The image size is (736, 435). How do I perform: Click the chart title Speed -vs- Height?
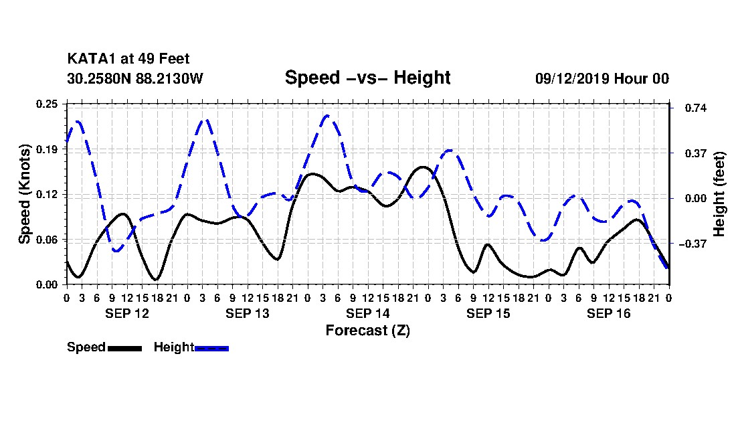[x=367, y=78]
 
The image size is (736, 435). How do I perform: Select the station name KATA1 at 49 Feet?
[x=128, y=59]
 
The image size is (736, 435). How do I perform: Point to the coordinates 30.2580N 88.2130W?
[x=135, y=78]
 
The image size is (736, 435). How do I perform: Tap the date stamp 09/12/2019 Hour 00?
[x=602, y=78]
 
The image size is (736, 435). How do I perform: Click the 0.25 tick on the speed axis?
[x=47, y=104]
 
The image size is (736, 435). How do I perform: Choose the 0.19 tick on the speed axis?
[x=47, y=149]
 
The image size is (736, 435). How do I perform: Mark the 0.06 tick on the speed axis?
[x=47, y=240]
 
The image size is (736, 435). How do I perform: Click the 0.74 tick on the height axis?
[x=696, y=108]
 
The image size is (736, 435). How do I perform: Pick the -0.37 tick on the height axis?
[x=693, y=244]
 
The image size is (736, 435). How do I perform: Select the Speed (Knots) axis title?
[x=24, y=194]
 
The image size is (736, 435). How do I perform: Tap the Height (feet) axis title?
[x=719, y=194]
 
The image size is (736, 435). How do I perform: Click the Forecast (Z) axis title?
[x=367, y=331]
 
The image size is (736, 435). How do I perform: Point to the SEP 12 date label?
[x=126, y=313]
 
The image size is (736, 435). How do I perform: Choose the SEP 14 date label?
[x=367, y=313]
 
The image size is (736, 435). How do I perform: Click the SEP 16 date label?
[x=608, y=313]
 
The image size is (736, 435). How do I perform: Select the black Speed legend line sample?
[x=125, y=348]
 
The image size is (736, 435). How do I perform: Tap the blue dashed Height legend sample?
[x=211, y=348]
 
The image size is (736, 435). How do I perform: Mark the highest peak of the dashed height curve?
[x=327, y=115]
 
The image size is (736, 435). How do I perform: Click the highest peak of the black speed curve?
[x=422, y=167]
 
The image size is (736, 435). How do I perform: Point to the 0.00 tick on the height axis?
[x=696, y=199]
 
